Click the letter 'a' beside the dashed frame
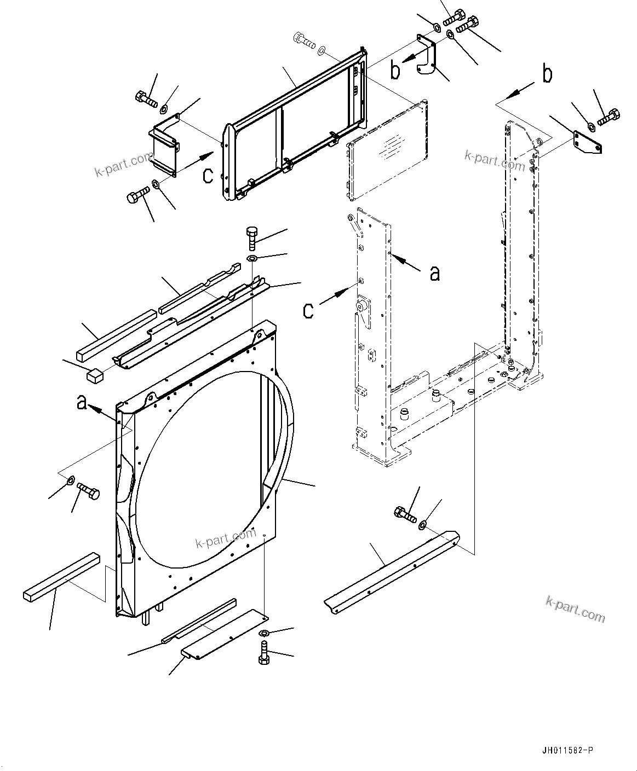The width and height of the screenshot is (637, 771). point(434,273)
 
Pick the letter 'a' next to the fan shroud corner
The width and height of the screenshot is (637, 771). point(81,403)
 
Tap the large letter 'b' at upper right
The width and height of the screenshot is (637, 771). point(547,75)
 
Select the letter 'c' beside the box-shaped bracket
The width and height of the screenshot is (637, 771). point(208,175)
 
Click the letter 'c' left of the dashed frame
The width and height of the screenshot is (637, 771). point(308,311)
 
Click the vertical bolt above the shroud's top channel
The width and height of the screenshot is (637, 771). point(251,238)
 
